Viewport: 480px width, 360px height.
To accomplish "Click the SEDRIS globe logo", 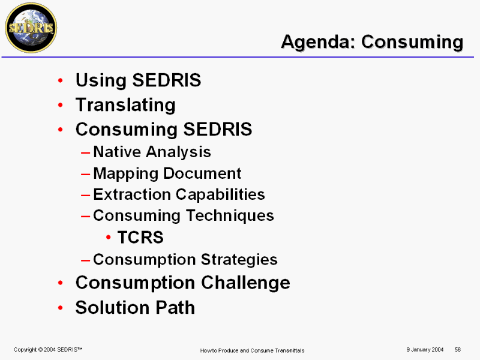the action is point(31,28).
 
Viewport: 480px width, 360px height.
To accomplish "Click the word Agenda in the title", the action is point(319,41).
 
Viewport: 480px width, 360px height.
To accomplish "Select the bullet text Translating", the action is point(125,104).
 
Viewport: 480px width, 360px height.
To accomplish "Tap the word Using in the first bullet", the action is point(101,81).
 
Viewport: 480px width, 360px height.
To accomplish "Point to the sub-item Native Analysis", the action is point(152,152).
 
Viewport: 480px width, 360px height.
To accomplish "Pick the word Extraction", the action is point(132,194).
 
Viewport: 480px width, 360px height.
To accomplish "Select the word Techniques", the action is point(230,215).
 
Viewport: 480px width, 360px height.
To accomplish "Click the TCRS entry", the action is point(140,237).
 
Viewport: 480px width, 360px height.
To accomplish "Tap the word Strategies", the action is point(239,260).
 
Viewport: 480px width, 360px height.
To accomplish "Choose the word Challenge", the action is point(245,283).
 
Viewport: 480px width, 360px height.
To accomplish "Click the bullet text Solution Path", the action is point(135,307).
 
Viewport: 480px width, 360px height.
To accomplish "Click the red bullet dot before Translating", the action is point(61,105).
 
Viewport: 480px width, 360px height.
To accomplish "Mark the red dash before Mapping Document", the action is point(85,174).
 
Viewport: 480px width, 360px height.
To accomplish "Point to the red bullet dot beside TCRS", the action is point(108,237).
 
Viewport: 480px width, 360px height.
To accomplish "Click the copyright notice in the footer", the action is point(48,350).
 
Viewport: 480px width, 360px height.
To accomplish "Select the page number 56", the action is point(458,350).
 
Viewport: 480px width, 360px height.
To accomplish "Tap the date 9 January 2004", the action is point(425,350).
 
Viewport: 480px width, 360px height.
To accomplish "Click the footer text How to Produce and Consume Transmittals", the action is point(252,350).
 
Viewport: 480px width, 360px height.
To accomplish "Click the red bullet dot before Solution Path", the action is point(61,308).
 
